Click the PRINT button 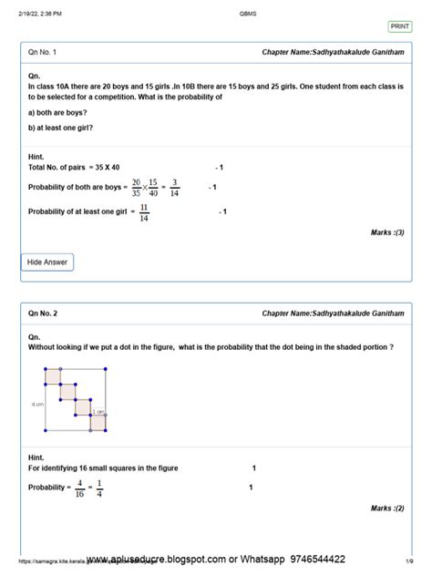point(400,27)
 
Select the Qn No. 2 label point(43,314)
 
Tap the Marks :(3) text point(386,232)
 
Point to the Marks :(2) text point(386,509)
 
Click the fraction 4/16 point(81,489)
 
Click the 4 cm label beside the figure point(38,403)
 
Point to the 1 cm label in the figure point(98,412)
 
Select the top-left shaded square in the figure point(52,375)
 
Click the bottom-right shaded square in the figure point(98,422)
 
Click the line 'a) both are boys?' point(57,112)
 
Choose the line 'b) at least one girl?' point(62,128)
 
